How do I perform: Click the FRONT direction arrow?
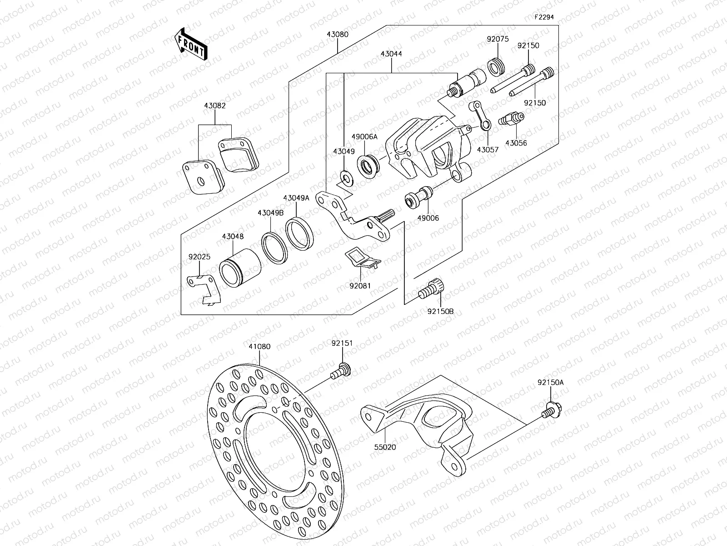[x=191, y=44]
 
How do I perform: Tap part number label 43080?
[x=337, y=34]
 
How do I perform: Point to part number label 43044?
[x=391, y=54]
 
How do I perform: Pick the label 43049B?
[x=270, y=213]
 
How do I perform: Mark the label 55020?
[x=386, y=447]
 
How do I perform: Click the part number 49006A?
[x=364, y=136]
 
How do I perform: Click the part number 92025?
[x=199, y=257]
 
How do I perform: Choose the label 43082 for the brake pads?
[x=215, y=106]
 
